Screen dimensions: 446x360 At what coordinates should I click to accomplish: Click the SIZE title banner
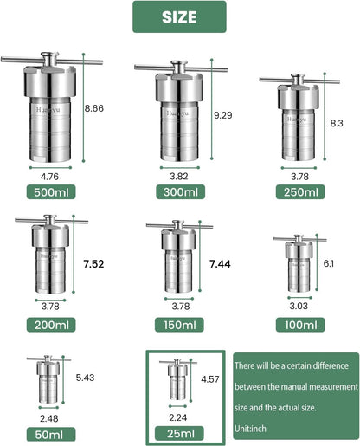[179, 16]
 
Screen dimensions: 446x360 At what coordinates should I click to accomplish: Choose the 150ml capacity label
[178, 326]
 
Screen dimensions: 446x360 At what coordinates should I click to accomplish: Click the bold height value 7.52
[93, 263]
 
